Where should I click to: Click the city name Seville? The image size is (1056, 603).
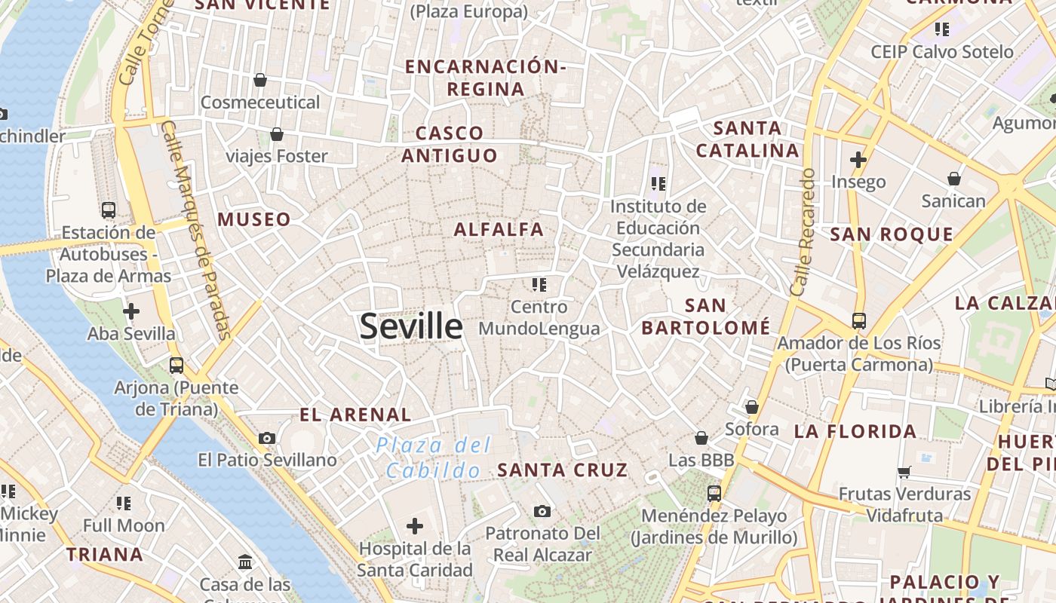click(411, 326)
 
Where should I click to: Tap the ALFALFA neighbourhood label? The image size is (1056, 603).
click(499, 230)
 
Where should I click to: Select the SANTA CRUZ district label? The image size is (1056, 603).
click(563, 470)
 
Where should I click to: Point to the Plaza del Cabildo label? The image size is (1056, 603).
click(434, 458)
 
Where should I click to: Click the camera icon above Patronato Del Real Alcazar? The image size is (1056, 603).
click(542, 512)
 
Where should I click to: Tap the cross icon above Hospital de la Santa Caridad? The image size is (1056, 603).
click(414, 526)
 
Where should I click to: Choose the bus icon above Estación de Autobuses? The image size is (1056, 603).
click(109, 210)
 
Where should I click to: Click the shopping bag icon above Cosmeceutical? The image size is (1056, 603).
click(260, 80)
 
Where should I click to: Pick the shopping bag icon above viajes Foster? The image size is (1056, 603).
click(277, 134)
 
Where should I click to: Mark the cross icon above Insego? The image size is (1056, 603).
click(858, 160)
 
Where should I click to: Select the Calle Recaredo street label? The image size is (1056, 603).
click(803, 231)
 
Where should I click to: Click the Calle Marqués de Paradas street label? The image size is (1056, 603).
click(196, 230)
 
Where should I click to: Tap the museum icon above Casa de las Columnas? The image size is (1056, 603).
click(245, 562)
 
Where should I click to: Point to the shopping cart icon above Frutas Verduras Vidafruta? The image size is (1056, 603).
click(904, 473)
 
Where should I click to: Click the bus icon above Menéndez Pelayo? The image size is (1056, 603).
click(714, 494)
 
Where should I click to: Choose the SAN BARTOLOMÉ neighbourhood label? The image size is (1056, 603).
click(706, 317)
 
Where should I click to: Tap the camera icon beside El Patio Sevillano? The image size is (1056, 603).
click(266, 438)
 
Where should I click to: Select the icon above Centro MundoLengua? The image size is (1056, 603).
click(539, 285)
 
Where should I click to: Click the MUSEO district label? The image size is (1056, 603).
click(254, 220)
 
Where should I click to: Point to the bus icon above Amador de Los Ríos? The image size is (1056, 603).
click(858, 321)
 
